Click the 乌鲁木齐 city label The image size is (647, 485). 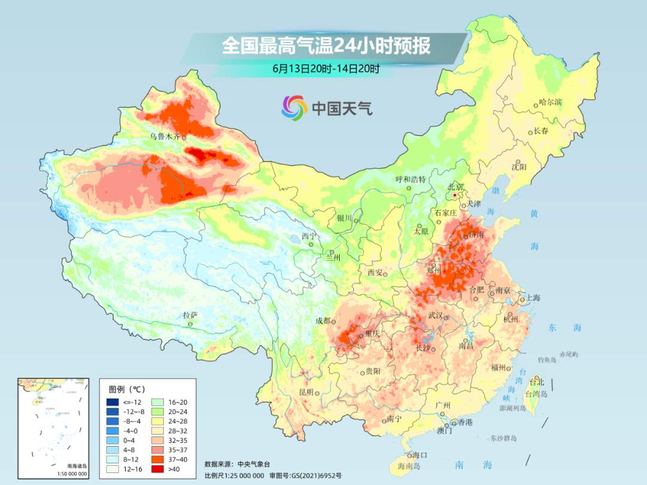click(x=164, y=137)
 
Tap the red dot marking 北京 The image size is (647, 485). click(x=455, y=195)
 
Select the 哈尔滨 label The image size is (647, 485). click(x=550, y=102)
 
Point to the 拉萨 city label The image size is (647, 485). click(x=190, y=315)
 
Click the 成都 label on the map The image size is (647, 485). click(x=323, y=320)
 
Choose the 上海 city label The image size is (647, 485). click(x=533, y=298)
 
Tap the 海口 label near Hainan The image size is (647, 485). click(x=421, y=456)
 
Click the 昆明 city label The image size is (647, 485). click(x=306, y=392)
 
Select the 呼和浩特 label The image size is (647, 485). click(x=410, y=179)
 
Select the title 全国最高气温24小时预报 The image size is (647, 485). click(x=326, y=46)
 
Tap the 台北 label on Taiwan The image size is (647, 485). click(x=537, y=381)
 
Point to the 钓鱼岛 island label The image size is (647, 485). click(x=548, y=360)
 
